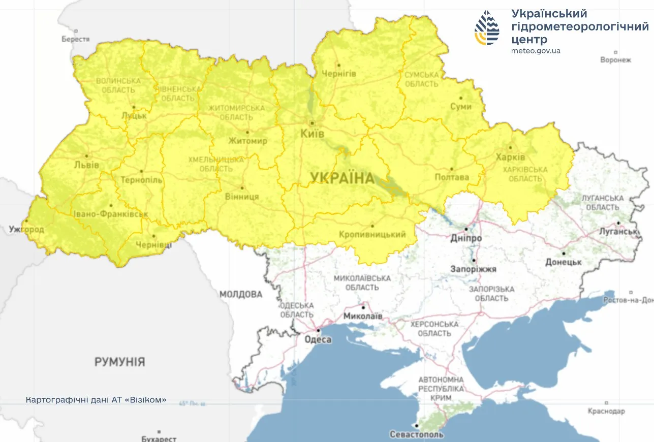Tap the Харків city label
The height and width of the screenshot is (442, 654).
[510, 157]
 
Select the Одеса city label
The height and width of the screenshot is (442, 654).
[318, 340]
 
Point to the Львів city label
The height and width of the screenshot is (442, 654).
[86, 165]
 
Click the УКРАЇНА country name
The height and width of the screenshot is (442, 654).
[342, 178]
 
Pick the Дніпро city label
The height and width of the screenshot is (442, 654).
[466, 238]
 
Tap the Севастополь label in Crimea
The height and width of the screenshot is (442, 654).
[416, 434]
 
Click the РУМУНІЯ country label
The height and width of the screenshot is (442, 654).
[119, 362]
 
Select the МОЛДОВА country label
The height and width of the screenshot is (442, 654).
[241, 294]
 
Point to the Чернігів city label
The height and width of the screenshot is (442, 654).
[339, 74]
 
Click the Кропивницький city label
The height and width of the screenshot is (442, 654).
[372, 234]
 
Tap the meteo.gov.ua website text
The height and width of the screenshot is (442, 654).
[536, 51]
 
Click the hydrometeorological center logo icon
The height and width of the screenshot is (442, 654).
[486, 28]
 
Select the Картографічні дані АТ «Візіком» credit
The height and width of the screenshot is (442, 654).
[96, 400]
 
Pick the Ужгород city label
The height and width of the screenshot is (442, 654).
[26, 230]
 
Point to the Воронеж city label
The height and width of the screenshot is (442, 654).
[615, 60]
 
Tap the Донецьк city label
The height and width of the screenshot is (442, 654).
[563, 262]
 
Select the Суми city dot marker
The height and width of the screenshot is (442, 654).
[461, 98]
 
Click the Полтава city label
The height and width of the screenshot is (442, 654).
[452, 177]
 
